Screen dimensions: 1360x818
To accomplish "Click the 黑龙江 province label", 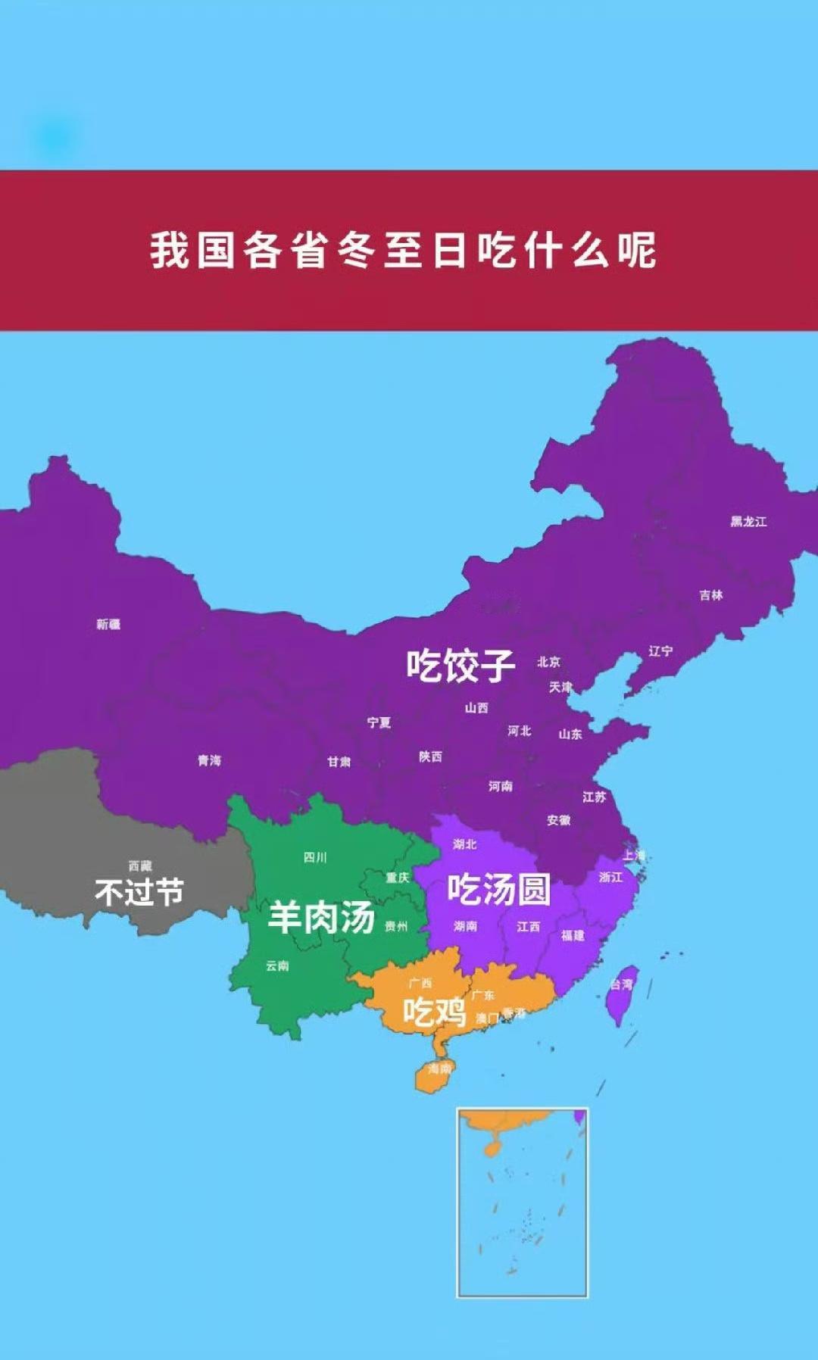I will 748,522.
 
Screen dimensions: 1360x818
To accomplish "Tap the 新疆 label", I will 108,624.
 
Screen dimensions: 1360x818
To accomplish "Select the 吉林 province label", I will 711,595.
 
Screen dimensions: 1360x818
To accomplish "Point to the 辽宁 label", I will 660,650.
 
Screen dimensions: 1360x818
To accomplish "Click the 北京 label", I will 549,662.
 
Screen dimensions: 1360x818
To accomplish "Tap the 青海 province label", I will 210,760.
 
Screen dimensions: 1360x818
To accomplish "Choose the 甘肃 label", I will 339,761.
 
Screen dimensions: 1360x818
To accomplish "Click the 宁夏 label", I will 379,722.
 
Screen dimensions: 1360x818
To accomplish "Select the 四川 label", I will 315,857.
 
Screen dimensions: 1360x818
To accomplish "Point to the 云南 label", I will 277,965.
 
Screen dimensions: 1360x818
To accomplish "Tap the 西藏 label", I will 140,866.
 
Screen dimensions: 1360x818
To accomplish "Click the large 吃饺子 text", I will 461,666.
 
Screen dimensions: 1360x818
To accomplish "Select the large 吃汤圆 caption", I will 498,889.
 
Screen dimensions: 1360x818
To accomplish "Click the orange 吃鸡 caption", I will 434,1012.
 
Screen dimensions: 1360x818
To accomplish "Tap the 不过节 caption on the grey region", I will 139,892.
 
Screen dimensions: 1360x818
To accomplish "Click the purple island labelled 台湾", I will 622,992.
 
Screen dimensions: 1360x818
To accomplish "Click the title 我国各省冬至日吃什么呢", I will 403,250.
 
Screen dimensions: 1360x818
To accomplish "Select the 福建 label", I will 573,936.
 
